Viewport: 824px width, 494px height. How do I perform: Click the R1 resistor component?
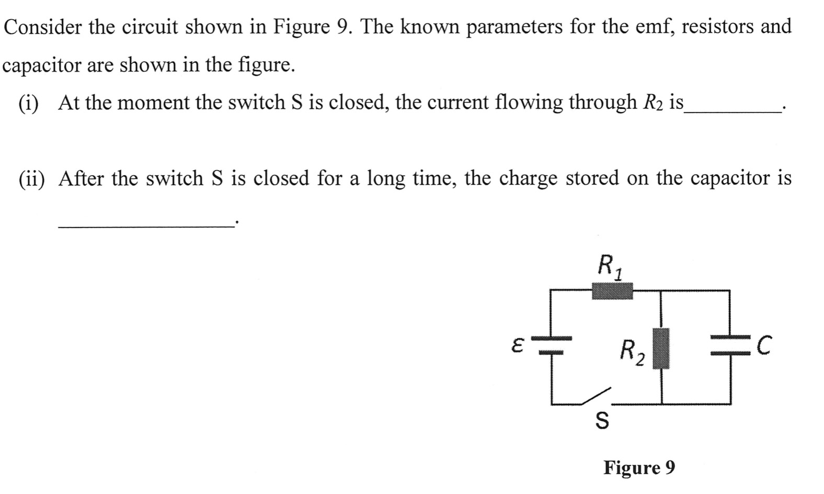(612, 290)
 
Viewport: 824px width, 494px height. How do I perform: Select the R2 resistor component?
(661, 348)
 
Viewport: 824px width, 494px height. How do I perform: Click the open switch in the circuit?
(596, 397)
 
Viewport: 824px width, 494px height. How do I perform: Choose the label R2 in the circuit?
(632, 351)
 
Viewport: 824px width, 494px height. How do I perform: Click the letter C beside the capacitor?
(764, 346)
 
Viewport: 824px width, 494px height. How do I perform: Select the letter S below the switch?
(602, 420)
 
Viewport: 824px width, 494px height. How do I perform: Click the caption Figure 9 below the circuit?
(639, 467)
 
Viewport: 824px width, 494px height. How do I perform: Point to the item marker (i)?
(28, 103)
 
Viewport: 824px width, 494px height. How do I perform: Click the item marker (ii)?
(31, 178)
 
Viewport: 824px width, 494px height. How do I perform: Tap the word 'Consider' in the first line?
(43, 26)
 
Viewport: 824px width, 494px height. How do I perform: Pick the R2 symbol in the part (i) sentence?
(652, 103)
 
